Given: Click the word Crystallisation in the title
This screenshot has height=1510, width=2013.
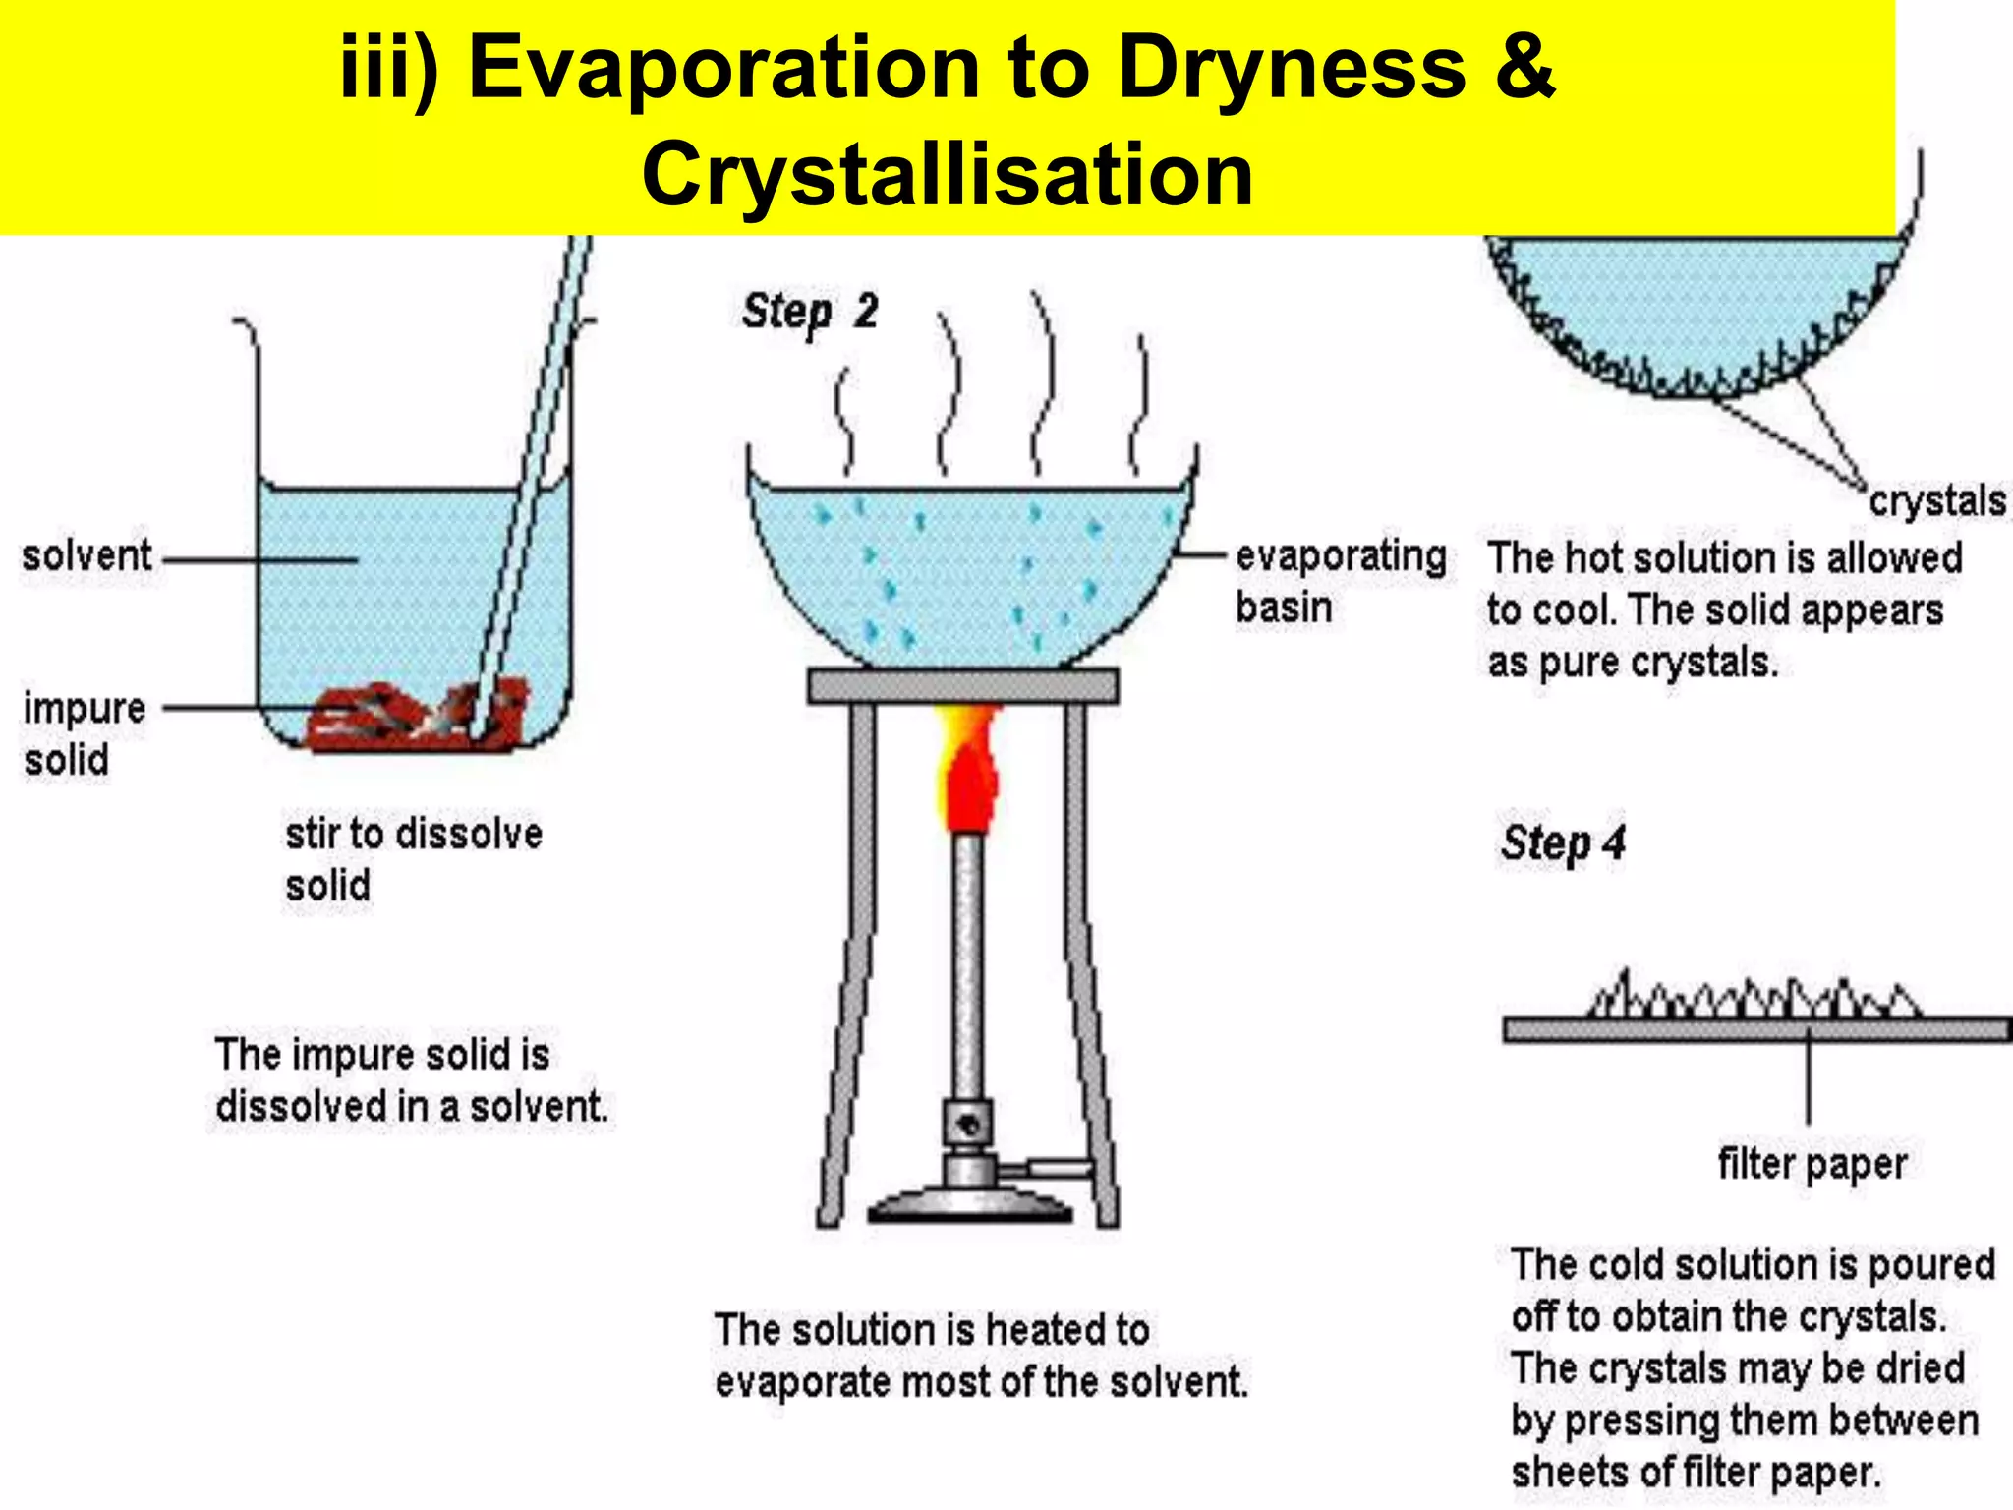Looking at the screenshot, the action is tap(947, 175).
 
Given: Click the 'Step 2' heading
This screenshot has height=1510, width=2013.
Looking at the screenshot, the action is tap(810, 312).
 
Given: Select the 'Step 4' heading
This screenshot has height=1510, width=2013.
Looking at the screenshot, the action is tap(1563, 843).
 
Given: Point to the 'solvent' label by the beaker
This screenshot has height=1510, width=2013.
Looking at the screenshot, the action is tap(86, 556).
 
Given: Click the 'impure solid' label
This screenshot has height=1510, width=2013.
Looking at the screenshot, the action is tap(83, 733).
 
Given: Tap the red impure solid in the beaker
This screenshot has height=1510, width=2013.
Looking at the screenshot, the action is tap(413, 716).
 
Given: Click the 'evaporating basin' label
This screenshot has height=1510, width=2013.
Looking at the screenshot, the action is tap(1339, 581).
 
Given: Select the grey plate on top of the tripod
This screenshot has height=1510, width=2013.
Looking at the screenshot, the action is tap(962, 685).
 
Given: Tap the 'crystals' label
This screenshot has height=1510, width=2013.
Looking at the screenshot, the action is tap(1936, 501).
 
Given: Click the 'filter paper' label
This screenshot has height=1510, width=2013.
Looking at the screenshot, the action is tap(1812, 1164).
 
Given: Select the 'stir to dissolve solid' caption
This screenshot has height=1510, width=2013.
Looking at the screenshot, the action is tap(413, 859).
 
